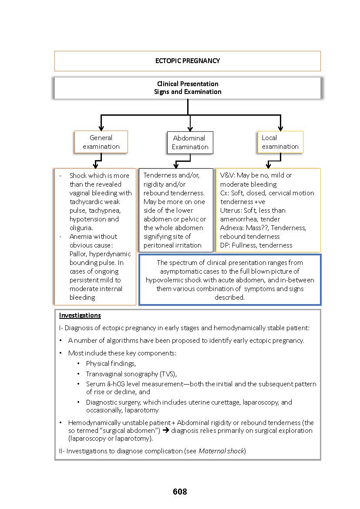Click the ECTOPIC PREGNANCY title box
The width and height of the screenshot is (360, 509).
click(187, 61)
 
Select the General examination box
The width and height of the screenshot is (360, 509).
click(101, 142)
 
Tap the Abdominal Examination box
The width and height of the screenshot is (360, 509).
click(190, 143)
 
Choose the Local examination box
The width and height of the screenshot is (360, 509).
click(280, 142)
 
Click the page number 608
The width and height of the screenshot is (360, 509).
click(180, 492)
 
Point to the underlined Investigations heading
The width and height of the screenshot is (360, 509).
click(80, 315)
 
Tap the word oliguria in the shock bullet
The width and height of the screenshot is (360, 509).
click(81, 228)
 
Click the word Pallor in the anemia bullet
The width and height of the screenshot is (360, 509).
click(79, 254)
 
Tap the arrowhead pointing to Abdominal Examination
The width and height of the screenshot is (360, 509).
click(190, 129)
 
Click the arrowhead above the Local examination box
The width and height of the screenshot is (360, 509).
click(280, 128)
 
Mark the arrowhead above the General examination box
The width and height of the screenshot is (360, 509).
click(101, 128)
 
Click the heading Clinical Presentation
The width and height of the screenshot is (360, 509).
click(188, 84)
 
